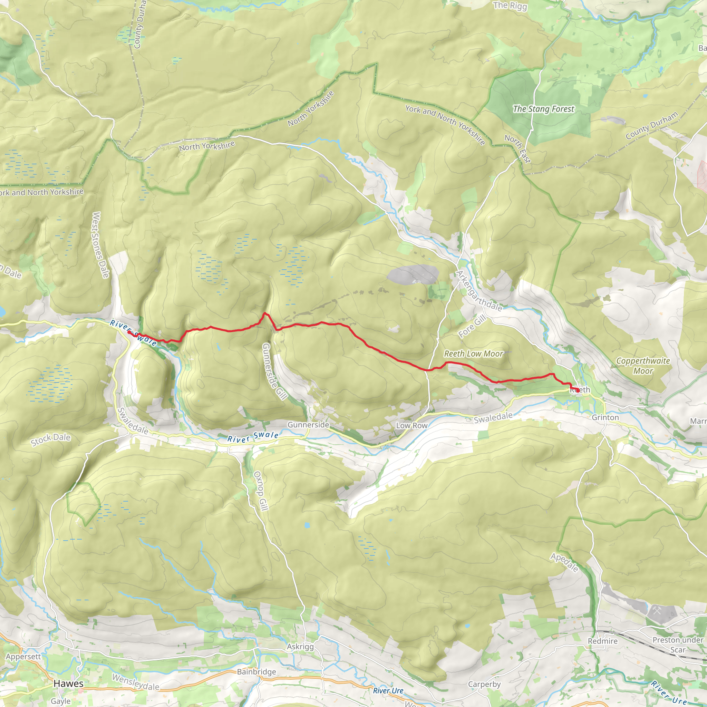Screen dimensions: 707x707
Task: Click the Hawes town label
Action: pos(68,684)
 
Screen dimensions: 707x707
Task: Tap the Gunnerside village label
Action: pos(308,425)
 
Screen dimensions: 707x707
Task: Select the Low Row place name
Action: pos(412,426)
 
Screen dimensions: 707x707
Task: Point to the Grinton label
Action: pos(605,417)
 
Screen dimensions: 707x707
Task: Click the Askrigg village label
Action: pos(300,646)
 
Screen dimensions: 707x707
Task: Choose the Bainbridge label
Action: pos(256,671)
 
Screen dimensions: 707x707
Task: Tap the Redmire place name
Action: pos(603,641)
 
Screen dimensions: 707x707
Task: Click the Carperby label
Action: pos(484,684)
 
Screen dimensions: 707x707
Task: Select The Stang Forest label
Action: pos(543,109)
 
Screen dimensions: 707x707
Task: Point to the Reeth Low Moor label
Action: pos(474,353)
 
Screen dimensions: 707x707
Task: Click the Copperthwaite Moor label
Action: pos(643,366)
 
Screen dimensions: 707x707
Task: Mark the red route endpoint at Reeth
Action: pos(578,390)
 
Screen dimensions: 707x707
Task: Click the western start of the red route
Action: pos(129,332)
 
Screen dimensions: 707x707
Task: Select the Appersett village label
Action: pos(23,656)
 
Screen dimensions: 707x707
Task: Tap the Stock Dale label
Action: pos(50,439)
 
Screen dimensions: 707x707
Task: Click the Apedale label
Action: pos(564,562)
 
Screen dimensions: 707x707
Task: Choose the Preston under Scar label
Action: pos(678,645)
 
